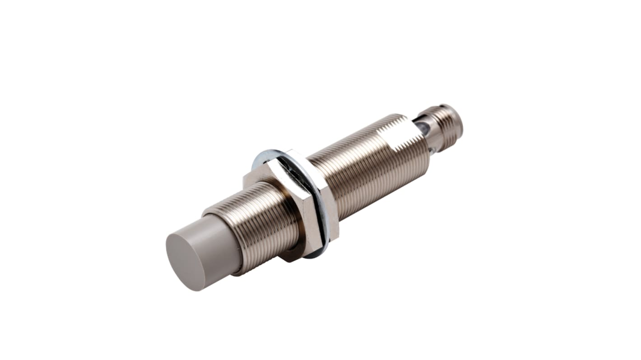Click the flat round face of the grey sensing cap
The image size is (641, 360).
coord(185,261)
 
